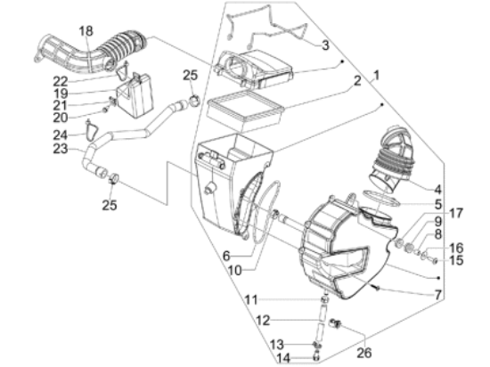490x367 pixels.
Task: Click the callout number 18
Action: pos(86,31)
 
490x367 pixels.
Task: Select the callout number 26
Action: pos(364,353)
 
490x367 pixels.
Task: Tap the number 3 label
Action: pos(325,45)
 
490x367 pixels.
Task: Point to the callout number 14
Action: pos(283,358)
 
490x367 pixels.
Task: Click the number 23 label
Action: pos(61,149)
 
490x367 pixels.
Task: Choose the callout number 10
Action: pos(234,271)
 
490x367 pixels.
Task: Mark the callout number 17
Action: pos(455,213)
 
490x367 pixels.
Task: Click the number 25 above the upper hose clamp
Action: pos(191,76)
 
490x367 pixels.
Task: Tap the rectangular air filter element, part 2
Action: pos(246,109)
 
